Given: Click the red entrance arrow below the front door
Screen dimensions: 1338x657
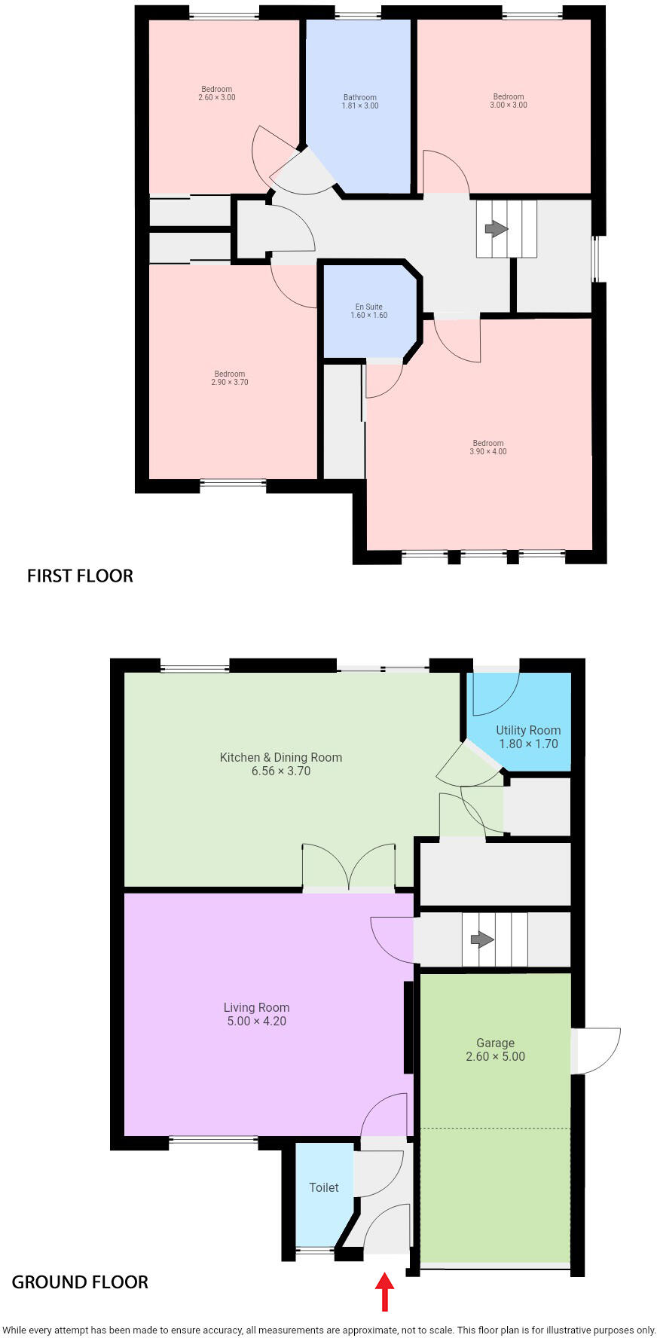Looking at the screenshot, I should coord(384,1291).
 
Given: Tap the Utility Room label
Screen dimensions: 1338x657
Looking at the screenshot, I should coord(528,730).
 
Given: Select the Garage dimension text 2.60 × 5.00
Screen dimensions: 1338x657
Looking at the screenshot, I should coord(495,1056).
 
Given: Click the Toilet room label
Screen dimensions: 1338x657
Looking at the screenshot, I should coord(324,1187).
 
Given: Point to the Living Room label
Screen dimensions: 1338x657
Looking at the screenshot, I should coord(256,1007).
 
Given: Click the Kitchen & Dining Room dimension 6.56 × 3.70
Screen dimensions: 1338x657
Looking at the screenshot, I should coord(281,771).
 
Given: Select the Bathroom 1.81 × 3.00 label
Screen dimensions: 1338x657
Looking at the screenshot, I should coord(360,101).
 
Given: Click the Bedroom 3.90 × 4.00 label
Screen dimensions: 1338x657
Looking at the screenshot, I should coord(488,448).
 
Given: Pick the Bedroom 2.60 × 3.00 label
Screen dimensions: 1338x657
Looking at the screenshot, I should coord(217,93).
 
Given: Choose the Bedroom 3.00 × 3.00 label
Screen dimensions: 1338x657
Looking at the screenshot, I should coord(509,100).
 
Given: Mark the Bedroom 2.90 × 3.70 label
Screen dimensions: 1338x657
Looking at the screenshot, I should coord(230,377).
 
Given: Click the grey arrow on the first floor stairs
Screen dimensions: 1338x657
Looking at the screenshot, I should coord(495,228).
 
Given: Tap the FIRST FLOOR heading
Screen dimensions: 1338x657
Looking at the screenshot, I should coord(80,576).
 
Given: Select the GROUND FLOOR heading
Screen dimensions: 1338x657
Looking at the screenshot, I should coord(80,1281).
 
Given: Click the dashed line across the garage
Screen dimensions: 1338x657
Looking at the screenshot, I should coord(495,1128).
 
